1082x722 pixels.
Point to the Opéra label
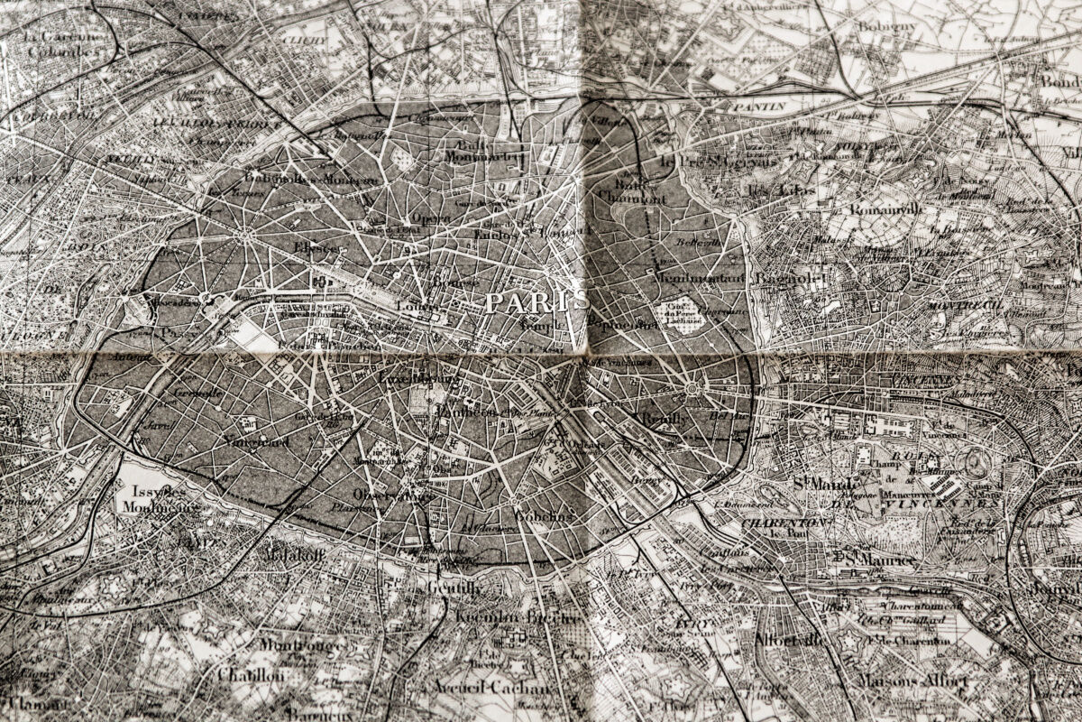coord(430,218)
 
